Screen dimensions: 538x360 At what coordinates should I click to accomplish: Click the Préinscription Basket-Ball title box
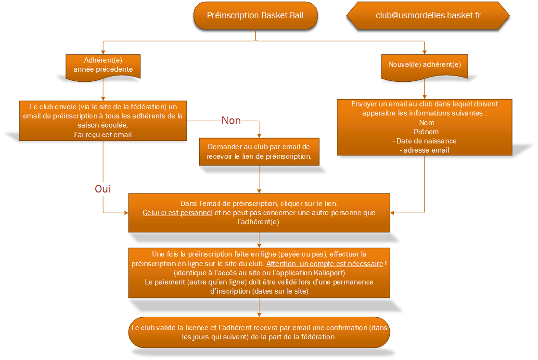pos(255,15)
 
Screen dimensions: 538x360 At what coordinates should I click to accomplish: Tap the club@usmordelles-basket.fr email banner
pos(428,15)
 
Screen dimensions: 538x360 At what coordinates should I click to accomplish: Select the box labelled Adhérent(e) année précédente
pos(103,67)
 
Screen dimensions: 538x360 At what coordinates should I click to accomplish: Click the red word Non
pos(231,120)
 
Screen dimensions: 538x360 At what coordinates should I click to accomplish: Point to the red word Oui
pos(102,189)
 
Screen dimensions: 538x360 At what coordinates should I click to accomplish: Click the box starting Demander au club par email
pos(259,152)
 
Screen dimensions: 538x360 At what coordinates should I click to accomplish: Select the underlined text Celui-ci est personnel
pos(178,213)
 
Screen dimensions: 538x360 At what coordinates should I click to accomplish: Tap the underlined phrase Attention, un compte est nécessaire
pos(325,264)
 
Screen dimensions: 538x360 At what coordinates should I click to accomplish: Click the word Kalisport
pos(328,273)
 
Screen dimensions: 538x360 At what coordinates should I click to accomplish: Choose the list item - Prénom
pos(424,132)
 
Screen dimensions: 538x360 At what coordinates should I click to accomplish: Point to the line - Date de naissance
pos(424,141)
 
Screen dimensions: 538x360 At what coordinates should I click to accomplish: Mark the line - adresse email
pos(424,150)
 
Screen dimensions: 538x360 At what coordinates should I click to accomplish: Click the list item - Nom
pos(425,123)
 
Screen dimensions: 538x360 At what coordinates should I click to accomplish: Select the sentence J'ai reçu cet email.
pos(103,135)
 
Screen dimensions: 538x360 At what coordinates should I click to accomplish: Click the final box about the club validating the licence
pos(259,332)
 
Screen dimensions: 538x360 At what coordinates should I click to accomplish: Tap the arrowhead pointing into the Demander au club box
pos(259,136)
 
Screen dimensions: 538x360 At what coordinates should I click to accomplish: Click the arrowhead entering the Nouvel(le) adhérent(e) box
pos(424,52)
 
